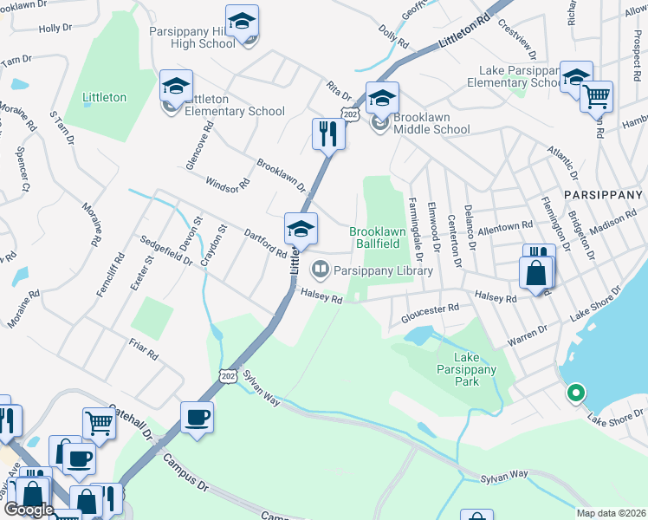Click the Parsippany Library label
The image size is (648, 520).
click(x=383, y=270)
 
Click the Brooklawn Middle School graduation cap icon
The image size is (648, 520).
click(x=382, y=98)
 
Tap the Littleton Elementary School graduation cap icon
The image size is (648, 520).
click(x=176, y=86)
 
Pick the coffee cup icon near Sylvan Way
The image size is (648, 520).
click(x=197, y=418)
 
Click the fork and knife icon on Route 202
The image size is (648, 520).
click(x=328, y=133)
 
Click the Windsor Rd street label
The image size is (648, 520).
click(x=227, y=183)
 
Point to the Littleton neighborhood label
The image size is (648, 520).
click(x=104, y=98)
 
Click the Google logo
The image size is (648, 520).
click(x=29, y=510)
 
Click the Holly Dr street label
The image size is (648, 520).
click(x=55, y=28)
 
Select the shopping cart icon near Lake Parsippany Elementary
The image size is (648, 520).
click(x=596, y=97)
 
